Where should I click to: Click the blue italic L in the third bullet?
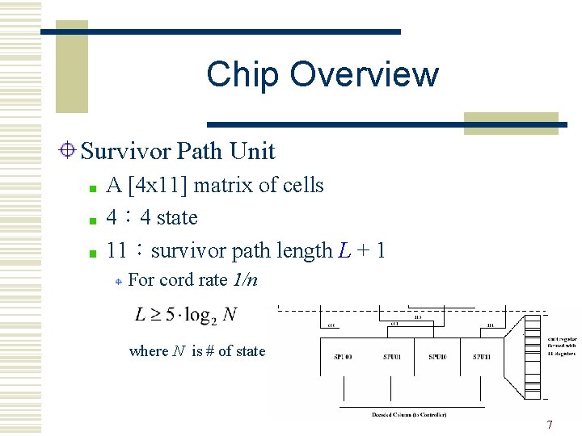click(x=344, y=251)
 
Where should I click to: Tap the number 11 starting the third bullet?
click(x=117, y=251)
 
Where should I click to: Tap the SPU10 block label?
click(x=437, y=357)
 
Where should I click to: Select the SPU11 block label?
click(x=482, y=357)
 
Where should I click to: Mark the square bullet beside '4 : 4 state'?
click(x=94, y=220)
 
